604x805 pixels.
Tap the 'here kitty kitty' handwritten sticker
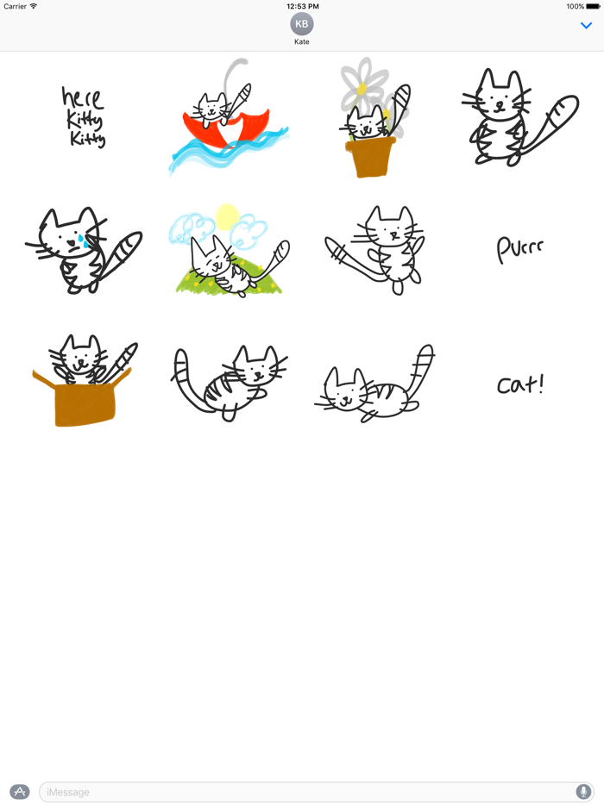click(x=84, y=116)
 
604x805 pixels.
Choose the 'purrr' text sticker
click(x=520, y=248)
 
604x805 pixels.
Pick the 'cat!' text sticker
click(x=520, y=384)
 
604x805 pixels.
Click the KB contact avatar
click(x=302, y=24)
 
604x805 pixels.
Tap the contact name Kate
click(x=302, y=41)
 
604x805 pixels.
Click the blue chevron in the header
click(x=587, y=26)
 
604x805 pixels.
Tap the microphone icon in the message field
click(x=583, y=791)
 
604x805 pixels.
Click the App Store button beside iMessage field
click(x=19, y=791)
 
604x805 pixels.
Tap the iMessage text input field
click(x=302, y=791)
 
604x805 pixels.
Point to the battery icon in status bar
click(x=594, y=6)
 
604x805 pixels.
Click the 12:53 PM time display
click(x=302, y=6)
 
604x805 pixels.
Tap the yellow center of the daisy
click(x=362, y=89)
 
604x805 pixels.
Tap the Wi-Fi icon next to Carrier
click(x=34, y=6)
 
